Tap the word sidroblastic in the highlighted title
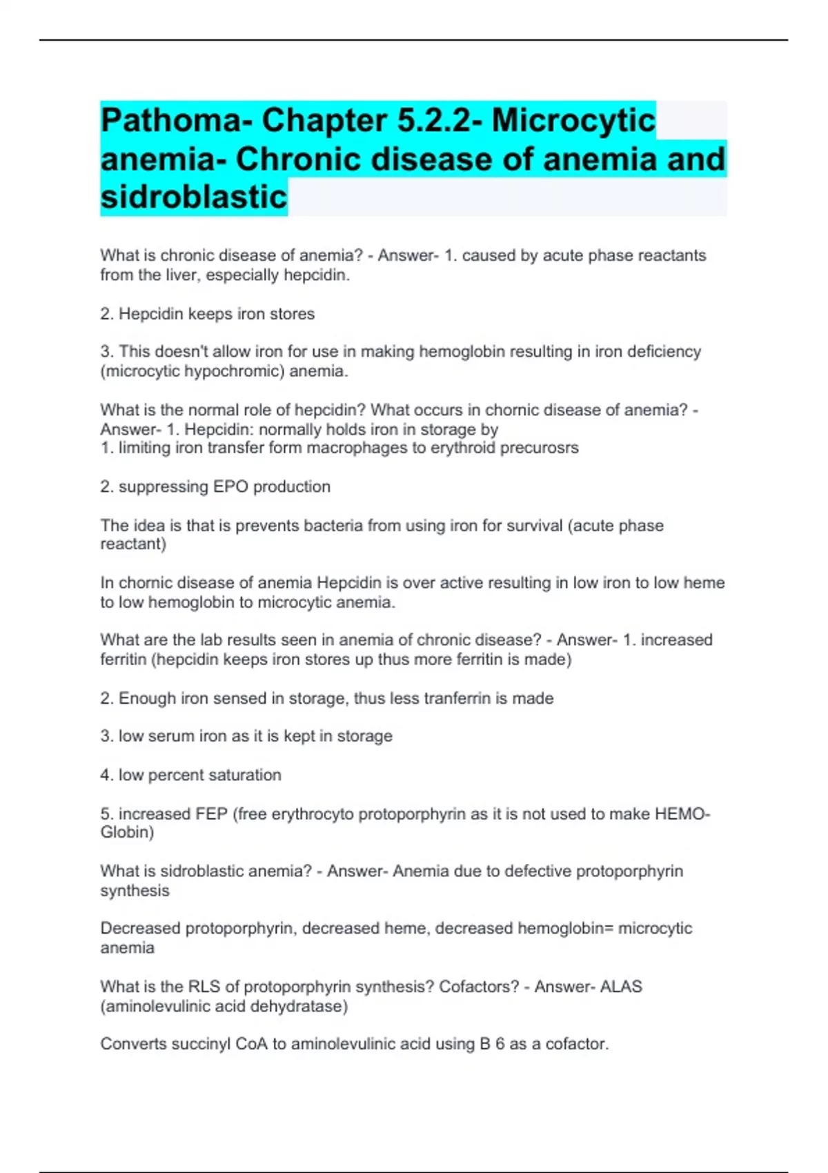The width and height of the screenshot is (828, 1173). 194,197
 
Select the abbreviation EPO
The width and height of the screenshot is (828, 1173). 230,486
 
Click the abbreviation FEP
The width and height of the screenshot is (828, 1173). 211,814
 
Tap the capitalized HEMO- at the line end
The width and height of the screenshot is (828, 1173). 682,814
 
